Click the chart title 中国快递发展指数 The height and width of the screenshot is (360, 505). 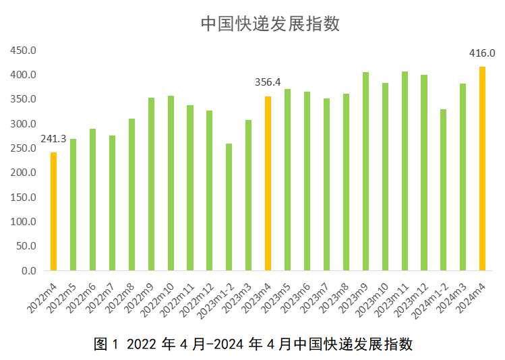click(270, 24)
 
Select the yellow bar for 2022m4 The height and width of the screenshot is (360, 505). click(54, 211)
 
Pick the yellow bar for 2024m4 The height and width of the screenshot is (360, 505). click(482, 169)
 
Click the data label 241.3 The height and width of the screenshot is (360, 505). click(53, 139)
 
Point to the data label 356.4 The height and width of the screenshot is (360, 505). click(268, 83)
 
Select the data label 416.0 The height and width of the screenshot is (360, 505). click(482, 53)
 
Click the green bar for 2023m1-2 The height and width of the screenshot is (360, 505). click(229, 207)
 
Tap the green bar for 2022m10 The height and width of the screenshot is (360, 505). click(171, 183)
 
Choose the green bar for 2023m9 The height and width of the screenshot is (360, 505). click(365, 171)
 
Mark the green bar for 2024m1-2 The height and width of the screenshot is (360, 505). click(443, 189)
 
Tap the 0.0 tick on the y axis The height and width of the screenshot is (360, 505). click(28, 270)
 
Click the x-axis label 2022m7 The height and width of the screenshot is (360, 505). click(103, 297)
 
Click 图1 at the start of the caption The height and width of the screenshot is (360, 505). click(106, 344)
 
